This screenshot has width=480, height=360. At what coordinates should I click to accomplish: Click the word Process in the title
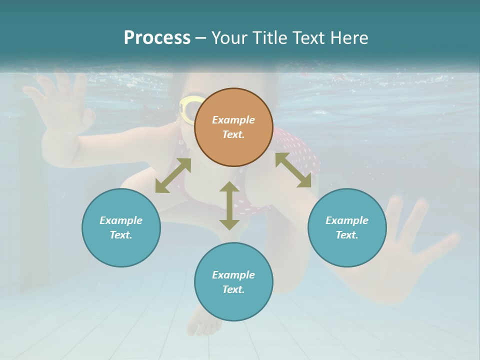click(x=157, y=38)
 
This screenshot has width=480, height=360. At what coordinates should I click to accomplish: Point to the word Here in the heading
click(x=349, y=38)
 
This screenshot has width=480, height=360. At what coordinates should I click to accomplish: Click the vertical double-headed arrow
click(x=229, y=205)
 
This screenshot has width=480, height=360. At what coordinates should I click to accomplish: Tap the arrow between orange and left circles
click(x=173, y=175)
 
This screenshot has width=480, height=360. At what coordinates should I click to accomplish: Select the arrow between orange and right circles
click(x=293, y=170)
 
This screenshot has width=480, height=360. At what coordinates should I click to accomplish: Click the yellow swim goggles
click(x=188, y=109)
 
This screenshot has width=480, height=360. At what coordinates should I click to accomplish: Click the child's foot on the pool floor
click(x=204, y=322)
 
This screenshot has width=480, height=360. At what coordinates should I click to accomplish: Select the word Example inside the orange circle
click(x=233, y=120)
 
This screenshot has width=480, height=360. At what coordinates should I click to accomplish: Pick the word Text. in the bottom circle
click(x=233, y=289)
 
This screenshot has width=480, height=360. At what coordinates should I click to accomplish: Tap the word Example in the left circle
click(x=121, y=220)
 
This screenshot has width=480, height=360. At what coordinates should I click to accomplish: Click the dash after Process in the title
click(x=201, y=38)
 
